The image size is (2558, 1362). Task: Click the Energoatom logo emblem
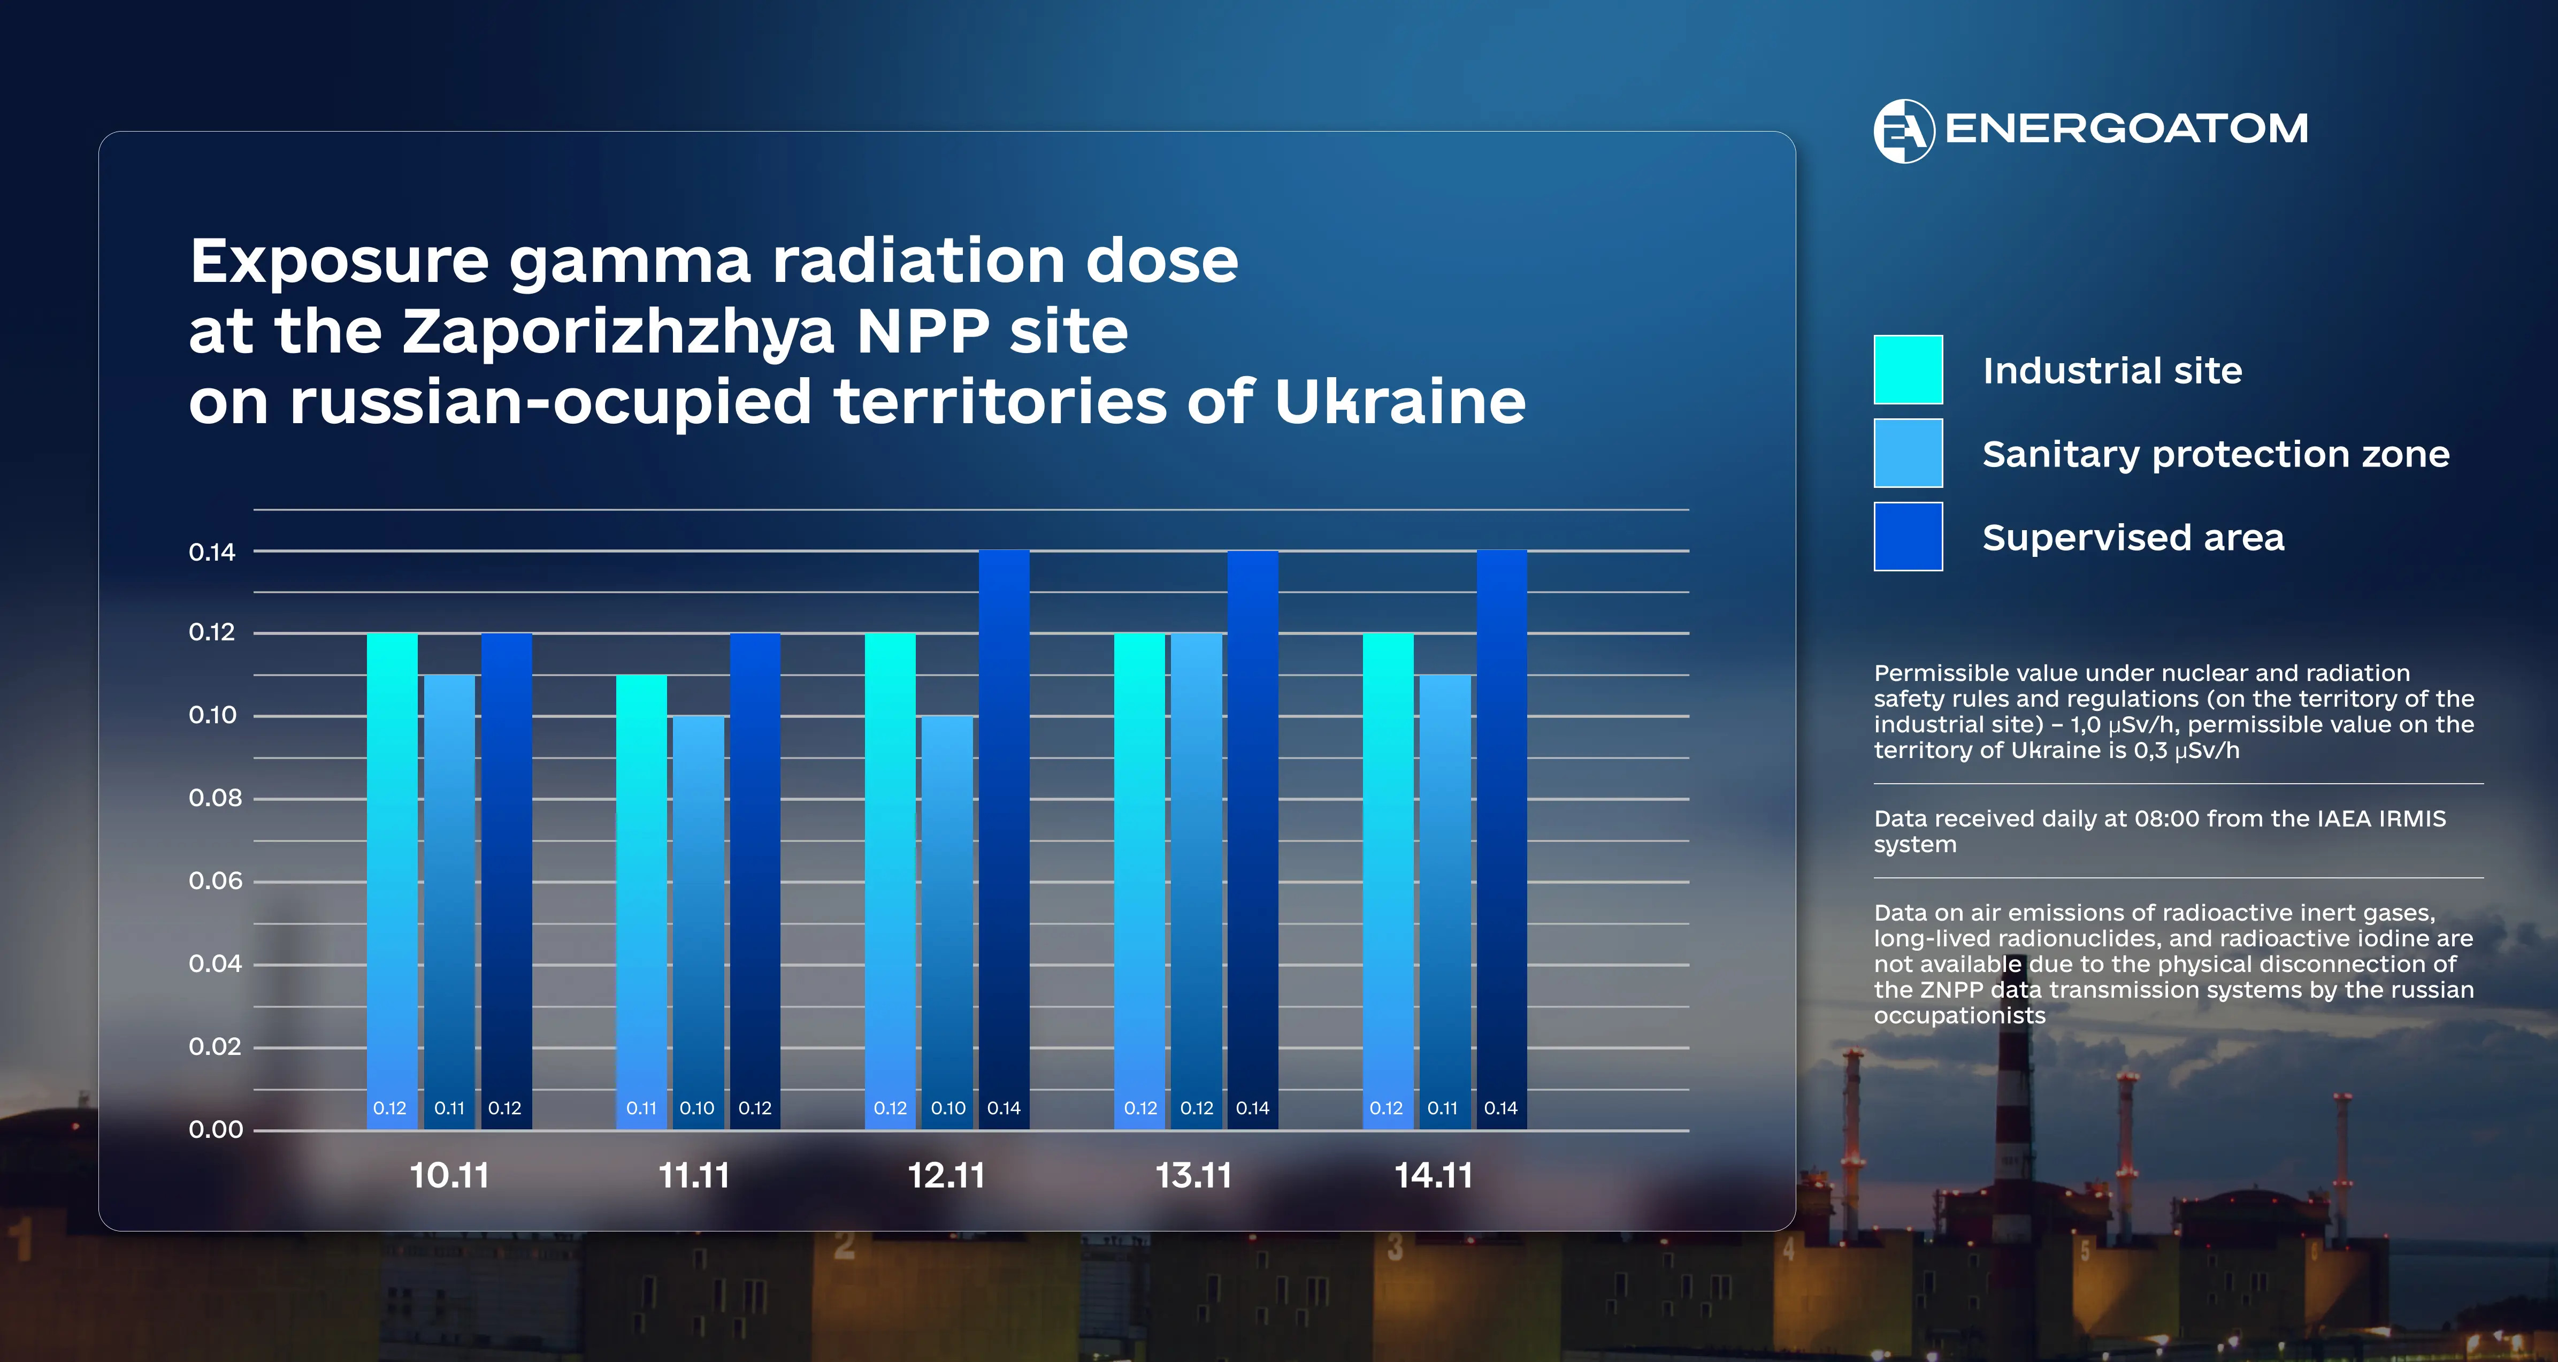point(1903,130)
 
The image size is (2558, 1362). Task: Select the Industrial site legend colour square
point(1908,370)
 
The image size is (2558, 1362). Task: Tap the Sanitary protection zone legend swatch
point(1908,453)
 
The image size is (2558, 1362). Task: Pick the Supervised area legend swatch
point(1908,537)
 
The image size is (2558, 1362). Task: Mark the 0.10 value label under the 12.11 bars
point(948,1108)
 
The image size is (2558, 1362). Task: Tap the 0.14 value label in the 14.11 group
point(1500,1108)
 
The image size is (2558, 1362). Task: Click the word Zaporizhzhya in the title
point(618,332)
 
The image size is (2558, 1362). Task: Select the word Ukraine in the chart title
point(1399,402)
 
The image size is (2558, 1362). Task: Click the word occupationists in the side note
point(1959,1015)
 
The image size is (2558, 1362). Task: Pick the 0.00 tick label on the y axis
point(216,1129)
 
